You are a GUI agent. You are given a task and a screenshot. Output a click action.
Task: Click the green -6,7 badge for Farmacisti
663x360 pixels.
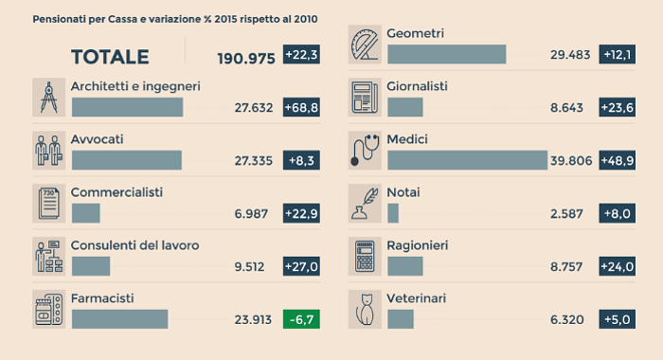[x=301, y=319]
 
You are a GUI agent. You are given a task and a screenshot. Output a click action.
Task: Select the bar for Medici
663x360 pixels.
[x=467, y=160]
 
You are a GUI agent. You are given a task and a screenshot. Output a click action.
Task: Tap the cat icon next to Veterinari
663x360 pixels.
[x=364, y=308]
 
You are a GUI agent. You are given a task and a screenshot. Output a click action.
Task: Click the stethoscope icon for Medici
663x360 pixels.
[x=364, y=150]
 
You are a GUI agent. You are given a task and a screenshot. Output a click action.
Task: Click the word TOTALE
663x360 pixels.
[x=110, y=57]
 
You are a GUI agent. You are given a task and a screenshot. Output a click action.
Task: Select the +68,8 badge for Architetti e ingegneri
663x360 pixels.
[x=301, y=108]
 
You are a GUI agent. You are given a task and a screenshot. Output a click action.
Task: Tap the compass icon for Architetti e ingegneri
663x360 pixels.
[x=48, y=97]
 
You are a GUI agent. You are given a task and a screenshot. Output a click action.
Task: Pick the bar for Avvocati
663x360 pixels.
[x=126, y=160]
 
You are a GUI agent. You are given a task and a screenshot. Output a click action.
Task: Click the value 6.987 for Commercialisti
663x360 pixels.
[x=253, y=214]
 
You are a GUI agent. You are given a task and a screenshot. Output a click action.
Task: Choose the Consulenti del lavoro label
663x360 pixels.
[x=134, y=245]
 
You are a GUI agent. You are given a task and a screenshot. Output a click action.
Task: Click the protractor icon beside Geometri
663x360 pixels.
[x=364, y=44]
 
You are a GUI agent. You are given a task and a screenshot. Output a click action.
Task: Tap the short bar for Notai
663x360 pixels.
[x=393, y=213]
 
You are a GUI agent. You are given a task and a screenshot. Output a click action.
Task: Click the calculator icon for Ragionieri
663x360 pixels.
[x=364, y=256]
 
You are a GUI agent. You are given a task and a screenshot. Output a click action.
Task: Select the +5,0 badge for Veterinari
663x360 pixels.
[x=617, y=319]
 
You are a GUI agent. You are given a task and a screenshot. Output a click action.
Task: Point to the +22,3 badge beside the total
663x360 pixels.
[x=301, y=56]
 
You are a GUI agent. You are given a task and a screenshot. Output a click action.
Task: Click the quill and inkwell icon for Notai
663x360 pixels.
[x=364, y=203]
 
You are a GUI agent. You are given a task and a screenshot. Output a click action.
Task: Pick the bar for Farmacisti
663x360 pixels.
[x=119, y=319]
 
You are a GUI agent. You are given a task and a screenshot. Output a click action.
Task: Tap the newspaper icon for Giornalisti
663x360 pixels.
[x=364, y=97]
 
